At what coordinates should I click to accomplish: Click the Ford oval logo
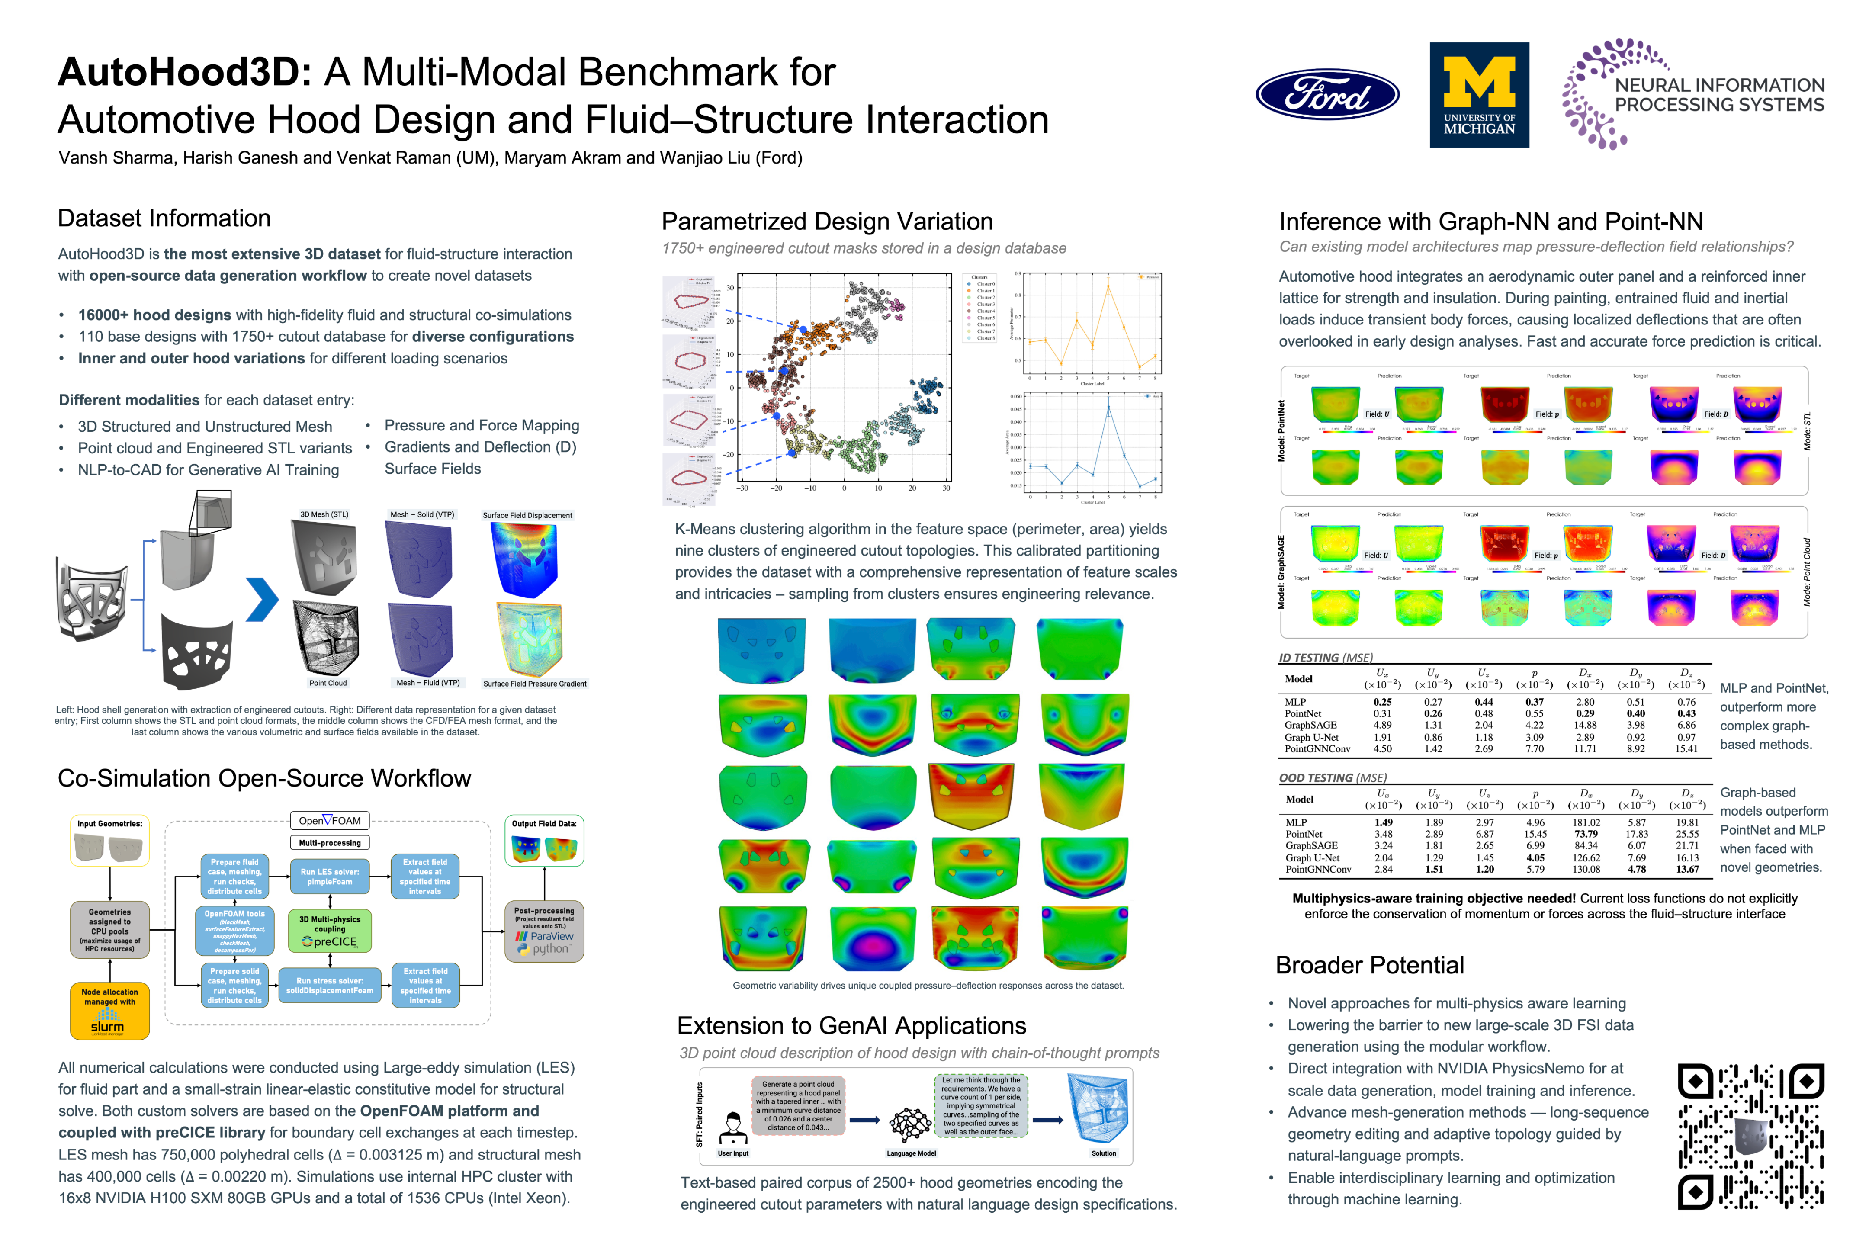click(1326, 95)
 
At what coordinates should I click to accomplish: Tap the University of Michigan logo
click(1479, 95)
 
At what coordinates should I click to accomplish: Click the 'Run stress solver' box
click(330, 986)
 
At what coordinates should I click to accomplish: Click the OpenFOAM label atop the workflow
click(330, 821)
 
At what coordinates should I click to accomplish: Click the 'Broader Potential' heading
click(1369, 966)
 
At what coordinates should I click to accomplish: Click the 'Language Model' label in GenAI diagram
click(911, 1153)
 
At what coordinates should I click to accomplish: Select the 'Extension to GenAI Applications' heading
click(851, 1026)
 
